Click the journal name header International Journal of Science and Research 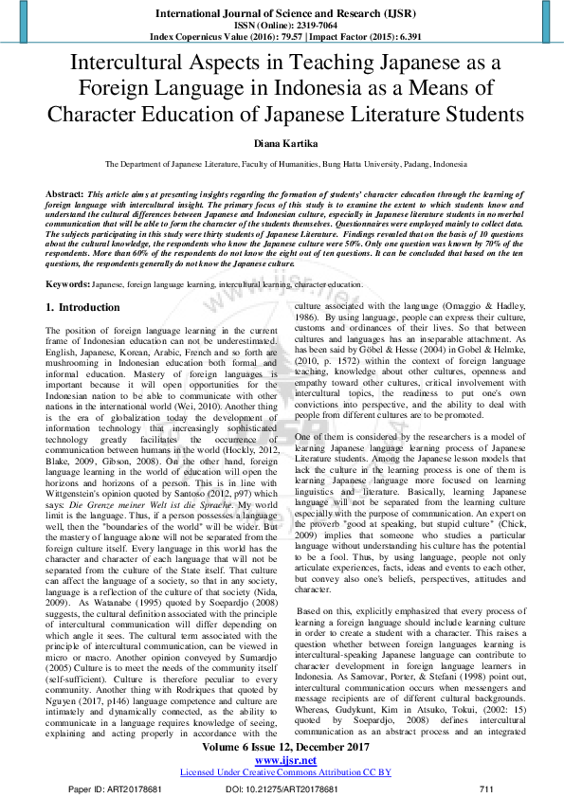[282, 13]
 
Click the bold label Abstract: [66, 191]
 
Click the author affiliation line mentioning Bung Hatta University [282, 163]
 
